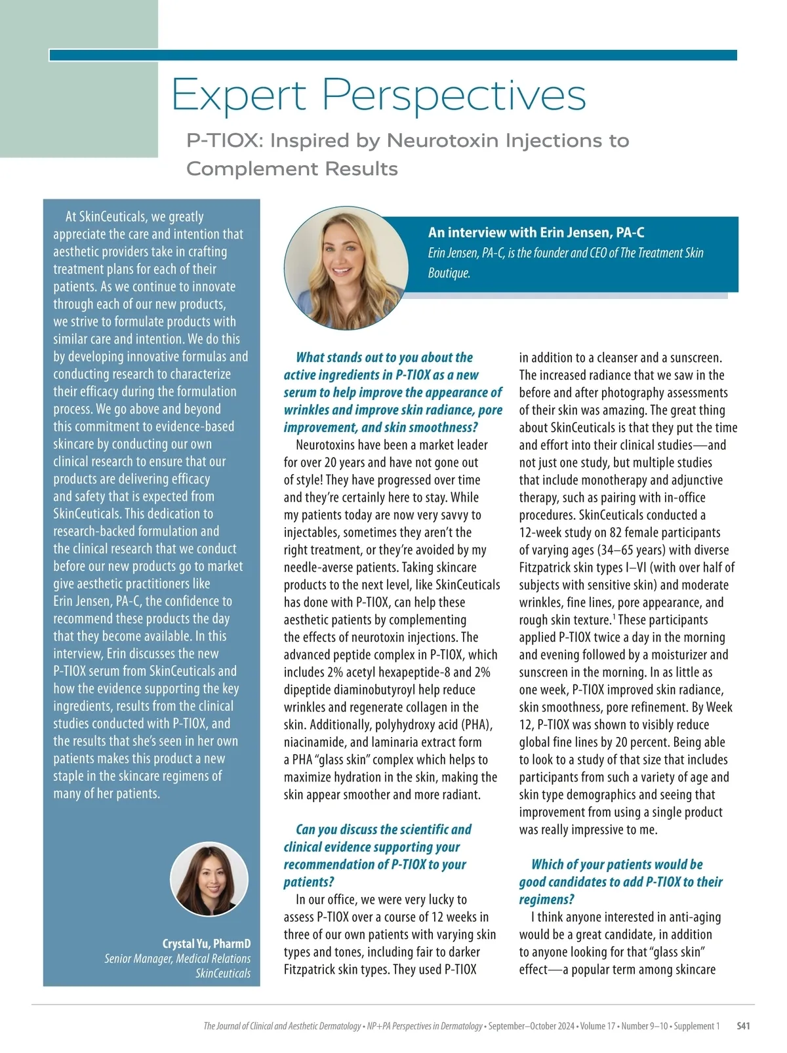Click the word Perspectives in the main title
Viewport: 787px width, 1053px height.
tap(454, 96)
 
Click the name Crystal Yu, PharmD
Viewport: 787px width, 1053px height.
tap(207, 944)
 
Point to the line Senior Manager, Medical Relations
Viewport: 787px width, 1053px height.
tap(177, 959)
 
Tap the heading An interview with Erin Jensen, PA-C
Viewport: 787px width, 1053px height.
tap(536, 233)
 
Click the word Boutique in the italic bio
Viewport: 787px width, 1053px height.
tap(449, 273)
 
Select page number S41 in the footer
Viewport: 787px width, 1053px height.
tap(743, 1026)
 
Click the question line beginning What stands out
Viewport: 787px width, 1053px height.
tap(384, 357)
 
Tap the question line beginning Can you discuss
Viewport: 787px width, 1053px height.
tap(383, 829)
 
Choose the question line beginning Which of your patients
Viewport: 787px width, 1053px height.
tap(616, 864)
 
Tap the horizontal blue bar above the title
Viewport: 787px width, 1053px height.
tap(393, 55)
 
